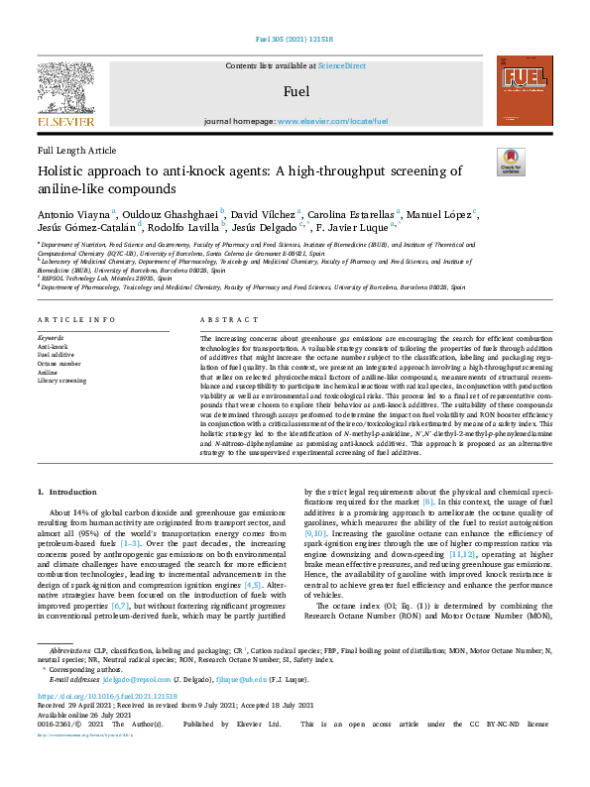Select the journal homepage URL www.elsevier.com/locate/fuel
pos(331,121)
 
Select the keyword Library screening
pos(61,381)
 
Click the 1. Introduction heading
pos(67,493)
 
